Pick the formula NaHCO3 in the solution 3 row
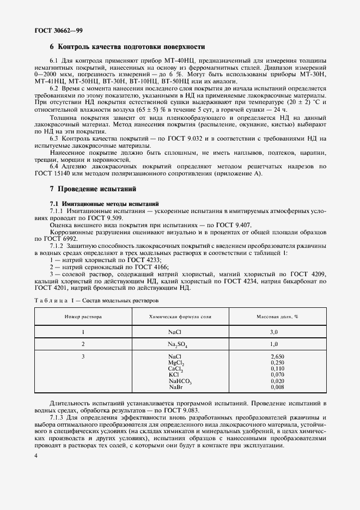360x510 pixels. [x=180, y=381]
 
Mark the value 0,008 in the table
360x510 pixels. [x=277, y=387]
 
